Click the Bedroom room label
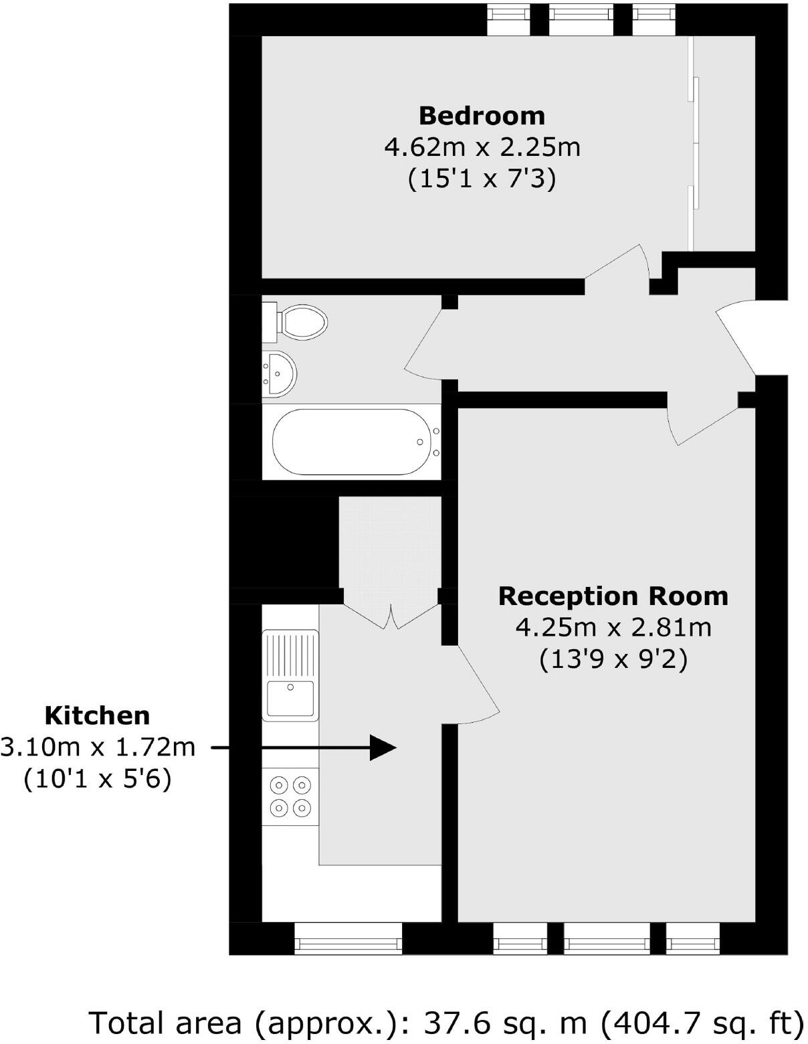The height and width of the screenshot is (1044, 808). [x=482, y=116]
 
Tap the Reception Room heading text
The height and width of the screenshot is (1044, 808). [x=613, y=596]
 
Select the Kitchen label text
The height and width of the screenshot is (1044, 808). [x=97, y=715]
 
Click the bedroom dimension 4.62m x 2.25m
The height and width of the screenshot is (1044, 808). [x=482, y=147]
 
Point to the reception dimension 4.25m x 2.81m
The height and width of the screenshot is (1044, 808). [x=613, y=628]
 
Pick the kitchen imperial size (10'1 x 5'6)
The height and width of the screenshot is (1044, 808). [x=98, y=779]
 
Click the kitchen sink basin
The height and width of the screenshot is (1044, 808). [x=290, y=699]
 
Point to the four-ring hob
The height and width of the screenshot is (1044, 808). [x=290, y=796]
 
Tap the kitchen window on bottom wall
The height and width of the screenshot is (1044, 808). [x=348, y=938]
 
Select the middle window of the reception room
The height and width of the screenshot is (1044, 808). [x=606, y=938]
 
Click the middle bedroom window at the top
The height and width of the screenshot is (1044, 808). [x=581, y=19]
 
